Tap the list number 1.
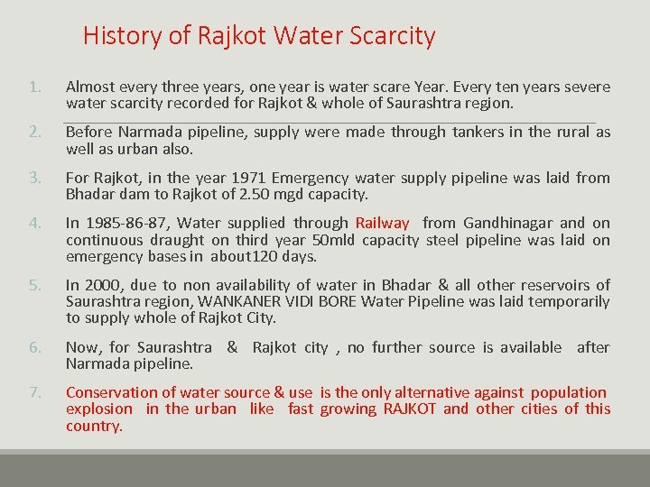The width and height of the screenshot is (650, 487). [34, 87]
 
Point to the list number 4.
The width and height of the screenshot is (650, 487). [34, 223]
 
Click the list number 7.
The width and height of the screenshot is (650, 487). [34, 392]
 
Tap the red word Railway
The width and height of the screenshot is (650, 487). [382, 223]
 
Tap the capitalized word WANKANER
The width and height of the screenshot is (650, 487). [239, 302]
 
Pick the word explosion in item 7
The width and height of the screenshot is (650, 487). [98, 409]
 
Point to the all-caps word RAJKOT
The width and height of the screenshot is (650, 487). [411, 409]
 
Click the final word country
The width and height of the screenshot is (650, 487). [93, 426]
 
